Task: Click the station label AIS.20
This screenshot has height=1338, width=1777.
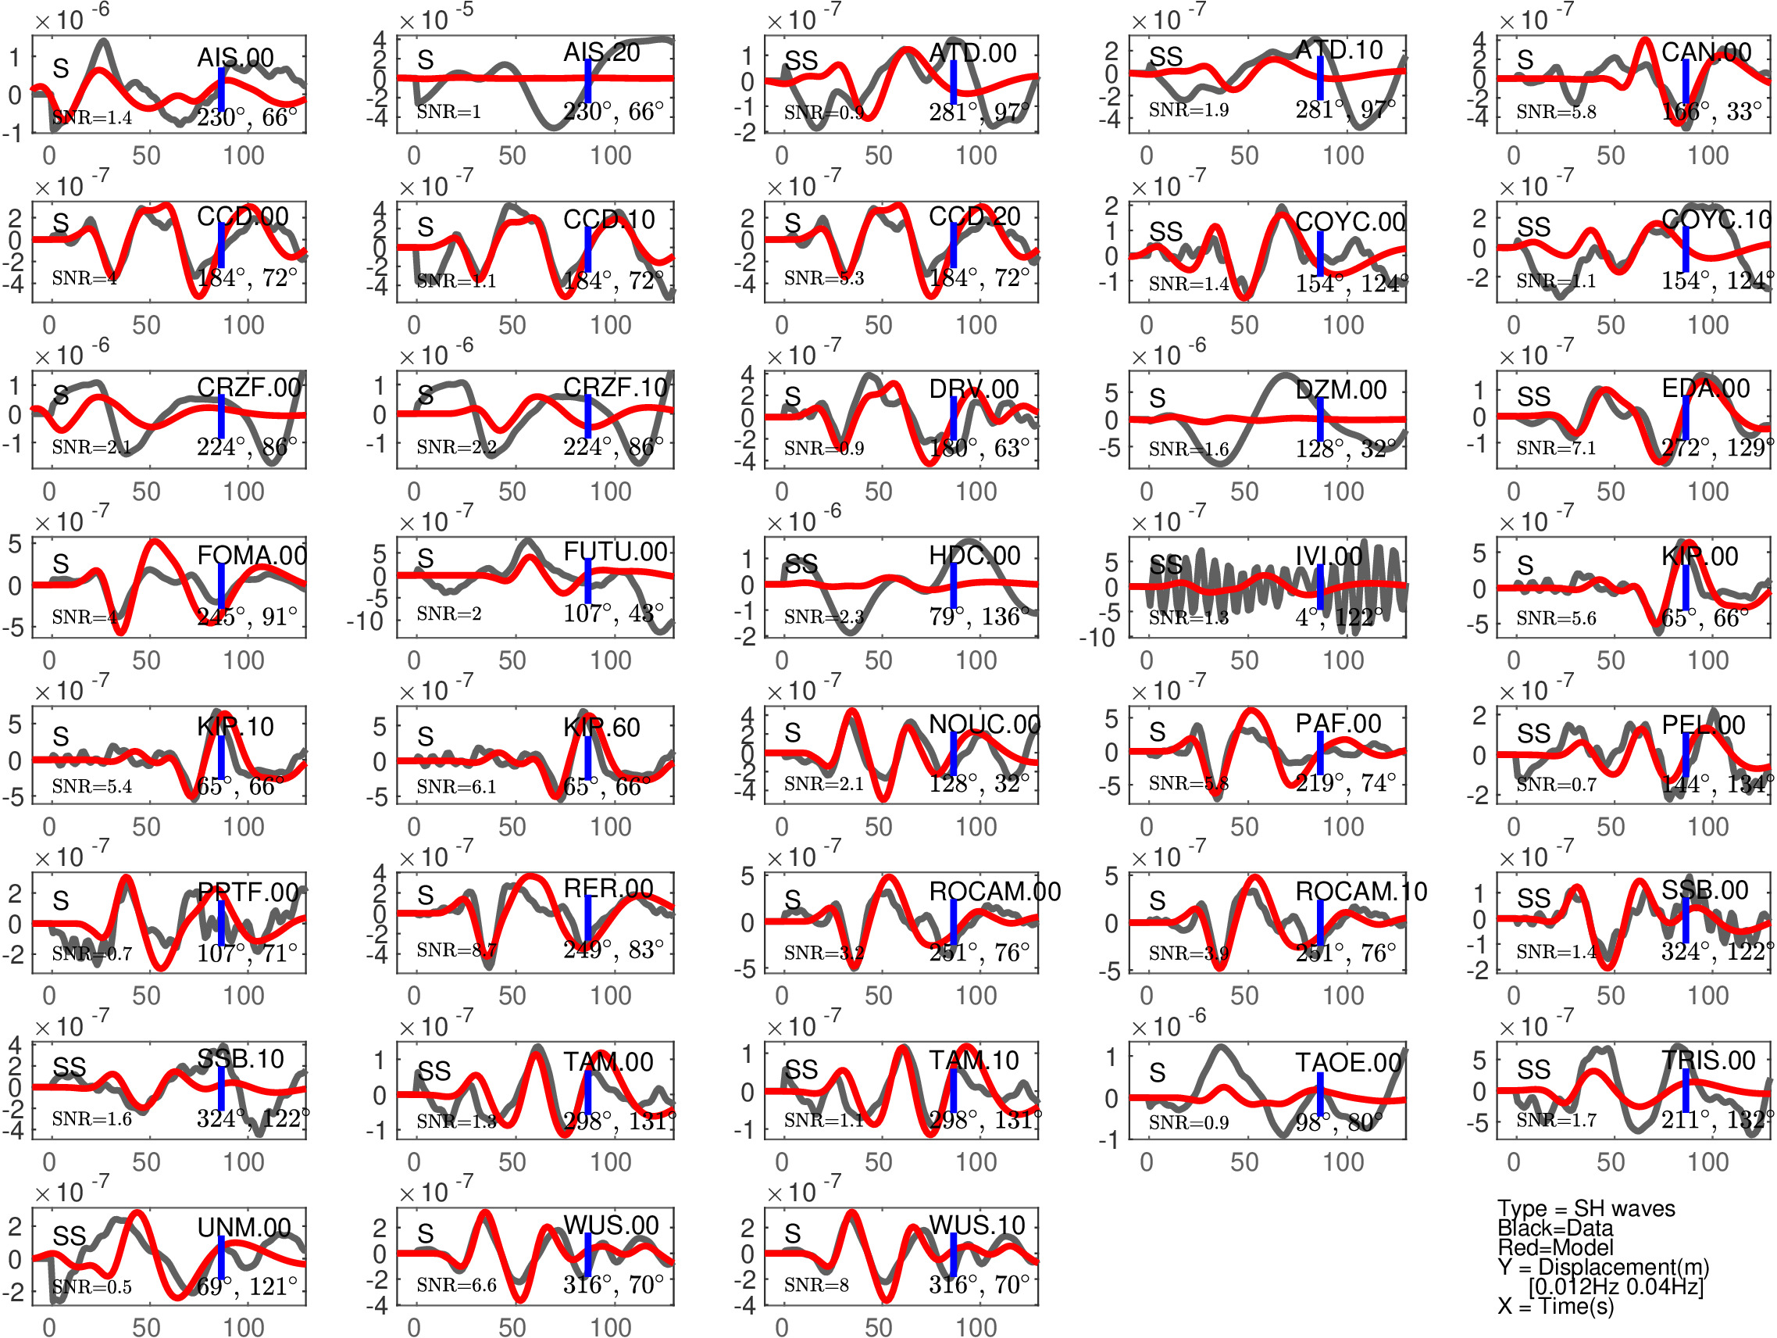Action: (601, 53)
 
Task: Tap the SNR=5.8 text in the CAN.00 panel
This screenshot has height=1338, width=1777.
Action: (1555, 113)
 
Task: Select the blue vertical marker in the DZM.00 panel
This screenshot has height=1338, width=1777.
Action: (1320, 419)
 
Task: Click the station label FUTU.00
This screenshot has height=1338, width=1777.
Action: (615, 552)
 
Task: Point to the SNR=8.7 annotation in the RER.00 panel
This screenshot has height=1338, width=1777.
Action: (456, 950)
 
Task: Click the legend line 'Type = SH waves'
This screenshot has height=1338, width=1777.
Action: (1586, 1208)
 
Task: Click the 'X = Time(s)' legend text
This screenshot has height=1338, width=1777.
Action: (1555, 1306)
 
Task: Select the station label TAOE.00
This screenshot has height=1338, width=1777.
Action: (1348, 1062)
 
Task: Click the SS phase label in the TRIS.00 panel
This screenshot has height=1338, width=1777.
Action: (1533, 1070)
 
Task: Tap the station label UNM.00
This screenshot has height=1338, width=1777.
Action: (244, 1227)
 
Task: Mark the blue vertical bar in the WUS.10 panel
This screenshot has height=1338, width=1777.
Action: (954, 1254)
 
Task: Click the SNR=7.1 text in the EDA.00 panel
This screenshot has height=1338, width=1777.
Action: (1555, 448)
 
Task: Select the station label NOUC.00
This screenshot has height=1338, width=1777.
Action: (984, 724)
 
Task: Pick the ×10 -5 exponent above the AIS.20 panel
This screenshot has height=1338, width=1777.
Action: (436, 18)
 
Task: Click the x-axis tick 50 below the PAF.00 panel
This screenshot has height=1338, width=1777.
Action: (1244, 826)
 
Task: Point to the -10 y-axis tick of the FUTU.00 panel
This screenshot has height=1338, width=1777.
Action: (366, 621)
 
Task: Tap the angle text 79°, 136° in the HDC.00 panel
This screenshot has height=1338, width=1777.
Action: (979, 617)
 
